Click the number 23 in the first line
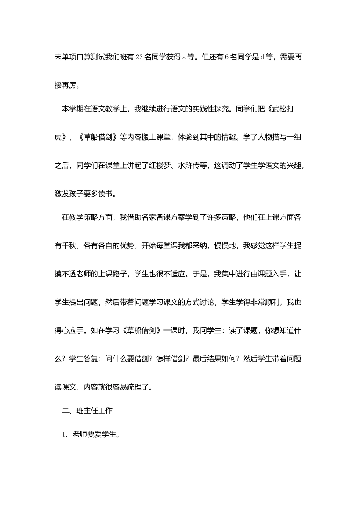click(139, 57)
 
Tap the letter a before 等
click(184, 57)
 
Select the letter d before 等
click(262, 57)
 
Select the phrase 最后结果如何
click(214, 358)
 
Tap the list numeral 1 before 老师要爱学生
click(64, 434)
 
